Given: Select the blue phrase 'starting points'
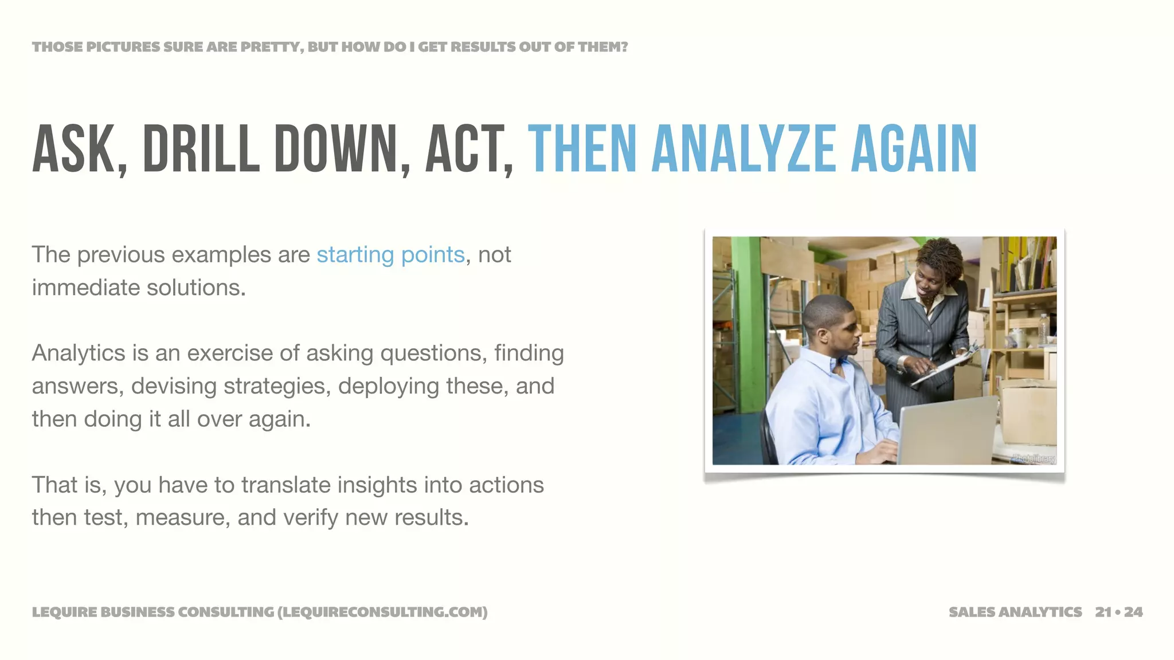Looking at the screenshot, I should click(x=390, y=254).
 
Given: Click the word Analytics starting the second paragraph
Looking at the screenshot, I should click(x=79, y=353).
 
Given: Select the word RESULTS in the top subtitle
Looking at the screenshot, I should click(x=483, y=47).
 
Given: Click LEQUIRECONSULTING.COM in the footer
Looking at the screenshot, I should click(x=382, y=612).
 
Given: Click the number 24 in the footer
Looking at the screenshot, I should click(x=1133, y=612).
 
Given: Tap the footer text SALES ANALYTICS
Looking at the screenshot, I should click(x=1015, y=612).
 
